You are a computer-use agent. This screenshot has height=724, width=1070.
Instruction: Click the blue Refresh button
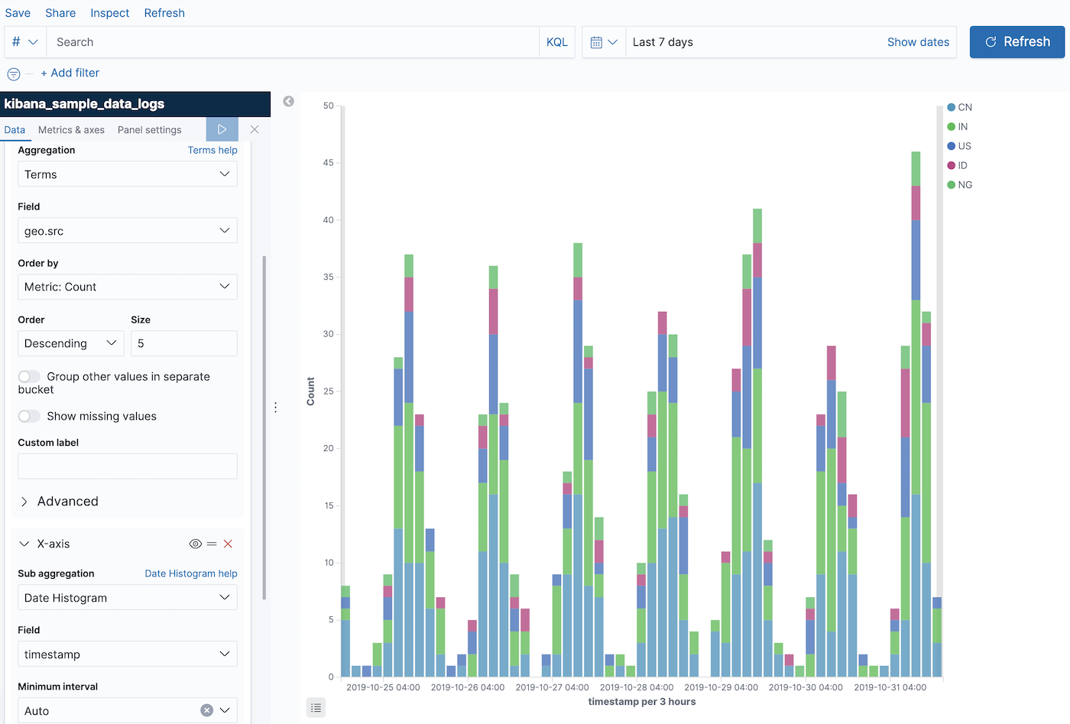(x=1016, y=42)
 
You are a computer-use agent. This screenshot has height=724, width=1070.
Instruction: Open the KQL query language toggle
(x=556, y=42)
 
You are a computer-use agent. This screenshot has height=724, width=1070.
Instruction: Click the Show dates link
(x=918, y=42)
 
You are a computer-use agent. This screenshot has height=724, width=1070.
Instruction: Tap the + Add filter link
(x=70, y=73)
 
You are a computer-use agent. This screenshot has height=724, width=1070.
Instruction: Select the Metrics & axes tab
(x=71, y=130)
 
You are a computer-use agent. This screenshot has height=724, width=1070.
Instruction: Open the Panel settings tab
(x=149, y=130)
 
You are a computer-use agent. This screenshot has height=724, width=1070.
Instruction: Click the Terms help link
(x=212, y=150)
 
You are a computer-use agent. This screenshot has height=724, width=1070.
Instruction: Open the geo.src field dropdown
(x=127, y=231)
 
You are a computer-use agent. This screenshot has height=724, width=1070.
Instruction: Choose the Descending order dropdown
(x=70, y=343)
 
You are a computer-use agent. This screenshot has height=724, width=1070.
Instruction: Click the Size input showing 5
(x=183, y=343)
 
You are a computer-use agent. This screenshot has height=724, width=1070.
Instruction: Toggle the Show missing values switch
(x=29, y=416)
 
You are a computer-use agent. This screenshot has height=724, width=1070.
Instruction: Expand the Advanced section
(x=67, y=502)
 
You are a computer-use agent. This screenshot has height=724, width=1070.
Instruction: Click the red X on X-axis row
(x=228, y=544)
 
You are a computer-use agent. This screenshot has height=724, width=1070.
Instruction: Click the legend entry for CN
(x=960, y=107)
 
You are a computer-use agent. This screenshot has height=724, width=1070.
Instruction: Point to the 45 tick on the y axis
(x=328, y=163)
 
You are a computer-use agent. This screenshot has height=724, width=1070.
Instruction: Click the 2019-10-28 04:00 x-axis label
(x=636, y=687)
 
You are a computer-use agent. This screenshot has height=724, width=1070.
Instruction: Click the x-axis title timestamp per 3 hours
(x=641, y=702)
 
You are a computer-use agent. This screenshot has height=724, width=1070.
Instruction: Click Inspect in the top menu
(x=109, y=13)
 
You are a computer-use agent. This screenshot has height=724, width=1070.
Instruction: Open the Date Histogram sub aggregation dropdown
(x=127, y=598)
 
